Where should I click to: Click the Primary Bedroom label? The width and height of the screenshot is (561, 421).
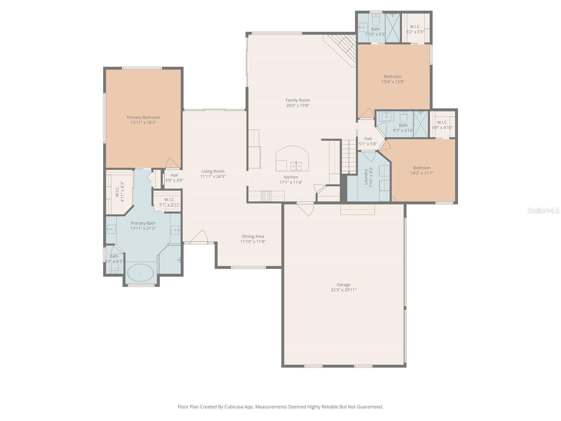tap(143, 118)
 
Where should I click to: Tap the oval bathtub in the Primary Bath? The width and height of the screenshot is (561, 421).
tap(140, 273)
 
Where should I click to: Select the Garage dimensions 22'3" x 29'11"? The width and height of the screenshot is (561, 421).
tap(343, 290)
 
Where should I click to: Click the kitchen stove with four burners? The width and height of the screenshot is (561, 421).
tap(266, 196)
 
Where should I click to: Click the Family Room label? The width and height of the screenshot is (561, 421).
tap(298, 100)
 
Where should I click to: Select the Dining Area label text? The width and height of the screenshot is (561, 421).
tap(253, 236)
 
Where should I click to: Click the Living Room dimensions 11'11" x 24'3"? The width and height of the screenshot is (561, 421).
tap(213, 176)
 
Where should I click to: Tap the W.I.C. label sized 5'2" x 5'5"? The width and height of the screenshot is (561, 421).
tap(415, 27)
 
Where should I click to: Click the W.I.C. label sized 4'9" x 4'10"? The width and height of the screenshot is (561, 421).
tap(442, 122)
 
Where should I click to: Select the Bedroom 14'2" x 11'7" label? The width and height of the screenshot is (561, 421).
tap(422, 168)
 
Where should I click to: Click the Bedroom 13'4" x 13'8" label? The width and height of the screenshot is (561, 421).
tap(393, 76)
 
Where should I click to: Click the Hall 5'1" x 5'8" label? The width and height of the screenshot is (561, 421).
tap(368, 139)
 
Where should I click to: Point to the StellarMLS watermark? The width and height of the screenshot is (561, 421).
tap(543, 210)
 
